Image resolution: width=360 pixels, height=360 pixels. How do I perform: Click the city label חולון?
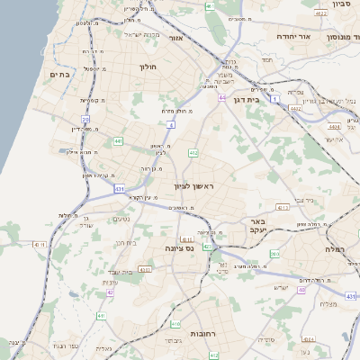tap(148, 67)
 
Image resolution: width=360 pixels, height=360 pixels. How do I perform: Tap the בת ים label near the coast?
tap(59, 76)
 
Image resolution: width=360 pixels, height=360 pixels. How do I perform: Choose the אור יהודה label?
tap(292, 37)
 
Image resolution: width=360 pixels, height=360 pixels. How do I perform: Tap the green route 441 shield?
tap(118, 140)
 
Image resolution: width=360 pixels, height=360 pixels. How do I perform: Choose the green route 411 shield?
tap(102, 316)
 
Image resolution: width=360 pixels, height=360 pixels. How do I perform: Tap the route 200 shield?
tap(275, 255)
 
